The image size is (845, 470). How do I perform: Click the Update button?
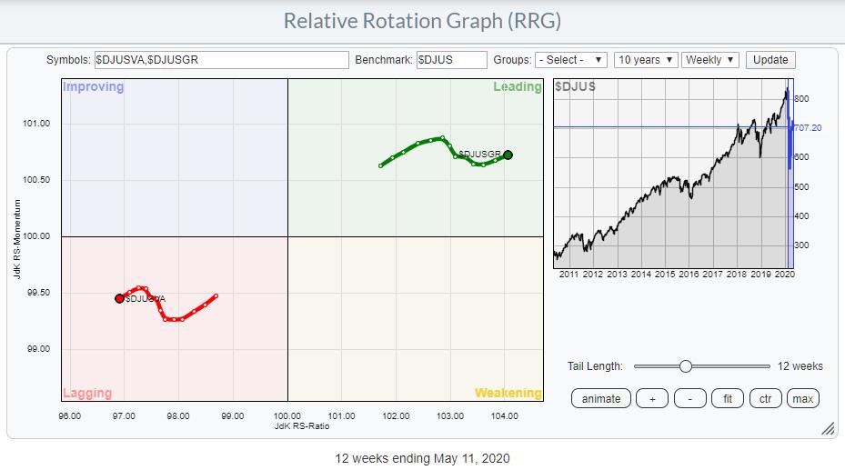pyautogui.click(x=770, y=60)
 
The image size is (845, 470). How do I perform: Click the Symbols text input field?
pyautogui.click(x=221, y=60)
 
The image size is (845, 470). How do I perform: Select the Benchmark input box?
pyautogui.click(x=452, y=60)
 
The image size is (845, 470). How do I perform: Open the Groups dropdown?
pyautogui.click(x=571, y=60)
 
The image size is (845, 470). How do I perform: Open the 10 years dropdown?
pyautogui.click(x=646, y=60)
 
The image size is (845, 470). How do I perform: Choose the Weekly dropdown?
pyautogui.click(x=710, y=60)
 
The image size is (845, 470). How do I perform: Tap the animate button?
pyautogui.click(x=600, y=398)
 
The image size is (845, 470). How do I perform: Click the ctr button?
pyautogui.click(x=765, y=398)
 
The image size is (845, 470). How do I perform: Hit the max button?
pyautogui.click(x=802, y=398)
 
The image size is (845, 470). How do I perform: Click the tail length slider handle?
pyautogui.click(x=686, y=366)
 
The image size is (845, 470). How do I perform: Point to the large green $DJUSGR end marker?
pyautogui.click(x=508, y=155)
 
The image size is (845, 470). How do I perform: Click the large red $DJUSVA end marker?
pyautogui.click(x=119, y=298)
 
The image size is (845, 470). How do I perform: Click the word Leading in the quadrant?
pyautogui.click(x=517, y=87)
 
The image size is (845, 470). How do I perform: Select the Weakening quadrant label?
pyautogui.click(x=508, y=393)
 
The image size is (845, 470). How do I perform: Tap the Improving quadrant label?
pyautogui.click(x=94, y=87)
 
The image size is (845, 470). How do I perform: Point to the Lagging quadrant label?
pyautogui.click(x=87, y=393)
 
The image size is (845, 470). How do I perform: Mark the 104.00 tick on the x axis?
pyautogui.click(x=504, y=416)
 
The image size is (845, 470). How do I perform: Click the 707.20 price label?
pyautogui.click(x=809, y=128)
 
